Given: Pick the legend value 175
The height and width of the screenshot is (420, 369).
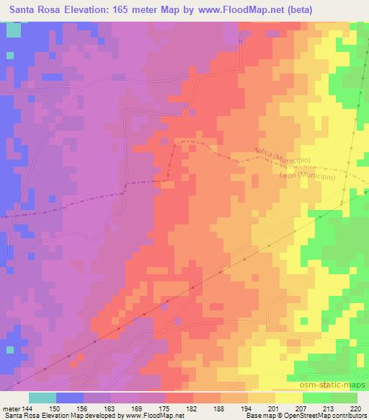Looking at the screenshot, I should tap(164, 408).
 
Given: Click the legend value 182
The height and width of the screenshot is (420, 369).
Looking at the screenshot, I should tap(192, 408).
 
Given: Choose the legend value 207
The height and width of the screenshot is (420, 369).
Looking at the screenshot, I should tap(301, 408).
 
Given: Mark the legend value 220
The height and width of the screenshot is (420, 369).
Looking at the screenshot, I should tap(355, 408).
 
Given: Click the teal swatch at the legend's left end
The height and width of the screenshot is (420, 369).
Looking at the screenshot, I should tap(43, 398).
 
